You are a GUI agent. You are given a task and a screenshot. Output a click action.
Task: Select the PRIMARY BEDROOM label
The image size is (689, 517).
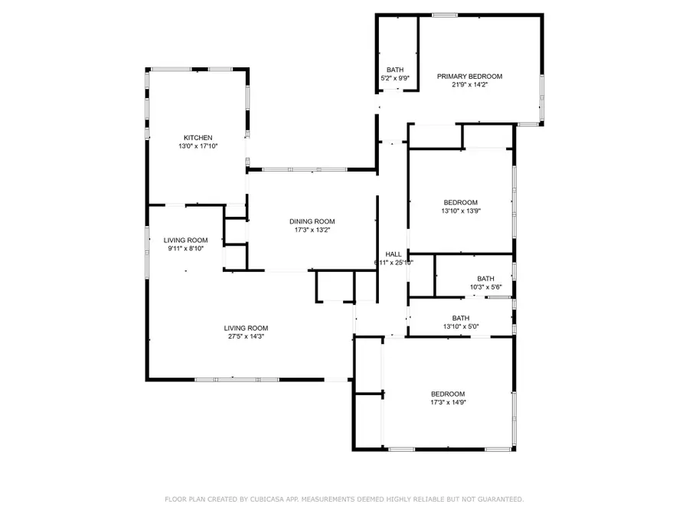click(x=469, y=77)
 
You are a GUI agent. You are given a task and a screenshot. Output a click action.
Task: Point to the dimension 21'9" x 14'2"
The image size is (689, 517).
click(x=469, y=85)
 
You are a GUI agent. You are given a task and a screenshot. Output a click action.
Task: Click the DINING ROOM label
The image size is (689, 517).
click(x=312, y=221)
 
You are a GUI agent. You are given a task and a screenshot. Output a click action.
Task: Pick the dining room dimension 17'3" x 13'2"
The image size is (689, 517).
click(x=312, y=230)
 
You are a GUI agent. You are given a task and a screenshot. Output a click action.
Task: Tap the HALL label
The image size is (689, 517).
click(x=393, y=254)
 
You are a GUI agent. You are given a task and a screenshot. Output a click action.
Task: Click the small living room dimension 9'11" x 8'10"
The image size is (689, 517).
click(x=186, y=248)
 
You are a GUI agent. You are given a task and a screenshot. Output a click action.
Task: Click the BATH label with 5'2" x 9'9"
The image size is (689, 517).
click(x=395, y=70)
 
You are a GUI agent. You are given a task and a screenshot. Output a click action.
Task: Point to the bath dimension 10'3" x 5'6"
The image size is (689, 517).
click(x=485, y=287)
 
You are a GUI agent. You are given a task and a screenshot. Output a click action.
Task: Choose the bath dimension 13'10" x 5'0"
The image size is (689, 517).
click(x=460, y=327)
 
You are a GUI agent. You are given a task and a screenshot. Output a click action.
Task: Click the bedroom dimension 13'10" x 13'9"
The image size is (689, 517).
click(x=460, y=211)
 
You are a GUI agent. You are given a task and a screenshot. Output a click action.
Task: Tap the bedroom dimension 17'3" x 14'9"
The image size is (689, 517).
click(x=448, y=402)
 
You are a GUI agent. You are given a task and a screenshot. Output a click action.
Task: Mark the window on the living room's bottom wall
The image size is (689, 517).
click(x=227, y=379)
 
